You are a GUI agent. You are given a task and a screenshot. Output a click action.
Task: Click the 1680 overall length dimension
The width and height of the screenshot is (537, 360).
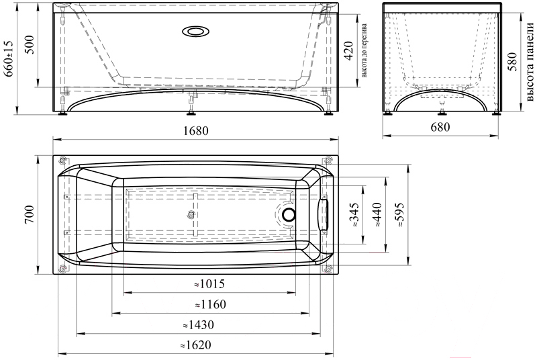[x=195, y=130]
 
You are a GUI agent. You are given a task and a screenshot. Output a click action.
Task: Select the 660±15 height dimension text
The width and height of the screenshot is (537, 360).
[x=9, y=58]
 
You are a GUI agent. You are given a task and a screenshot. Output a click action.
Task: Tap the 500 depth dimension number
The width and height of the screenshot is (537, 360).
[x=30, y=44]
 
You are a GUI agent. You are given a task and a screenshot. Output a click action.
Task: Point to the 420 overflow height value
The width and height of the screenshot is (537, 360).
[x=348, y=50]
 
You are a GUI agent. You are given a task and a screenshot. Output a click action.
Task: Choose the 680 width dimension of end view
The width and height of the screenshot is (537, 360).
[x=440, y=127]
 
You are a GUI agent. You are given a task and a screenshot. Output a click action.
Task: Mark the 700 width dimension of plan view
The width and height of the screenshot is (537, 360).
[x=30, y=214]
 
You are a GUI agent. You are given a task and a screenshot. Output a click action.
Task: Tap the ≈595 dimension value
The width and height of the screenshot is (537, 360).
[x=399, y=214]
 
